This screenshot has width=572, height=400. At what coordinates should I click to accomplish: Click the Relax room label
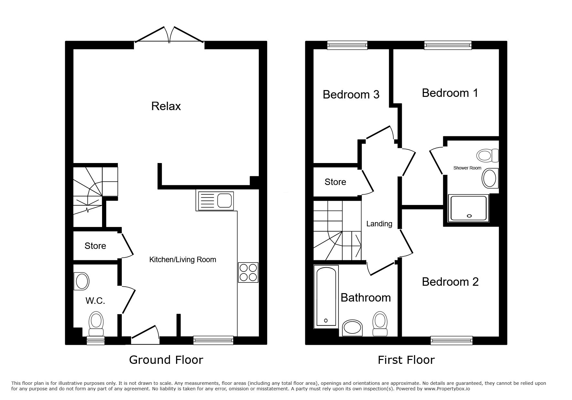pos(166,106)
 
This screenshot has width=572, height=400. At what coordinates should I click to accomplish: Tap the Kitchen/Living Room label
pos(182,260)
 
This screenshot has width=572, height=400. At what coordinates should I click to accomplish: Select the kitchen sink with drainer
pos(215,200)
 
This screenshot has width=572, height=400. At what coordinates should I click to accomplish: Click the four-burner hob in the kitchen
pos(248,272)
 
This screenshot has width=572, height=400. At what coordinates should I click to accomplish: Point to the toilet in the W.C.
pos(96,324)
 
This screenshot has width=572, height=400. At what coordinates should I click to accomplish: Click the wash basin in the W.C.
pos(81,281)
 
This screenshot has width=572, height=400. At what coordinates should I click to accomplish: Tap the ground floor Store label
pos(95,246)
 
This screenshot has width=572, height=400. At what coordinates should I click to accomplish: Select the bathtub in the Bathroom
pos(326,296)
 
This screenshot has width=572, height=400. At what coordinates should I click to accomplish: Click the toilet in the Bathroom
pos(380,324)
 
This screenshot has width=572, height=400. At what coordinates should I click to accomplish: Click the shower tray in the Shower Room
pos(468,208)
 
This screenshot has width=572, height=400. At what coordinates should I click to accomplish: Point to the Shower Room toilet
pos(488,155)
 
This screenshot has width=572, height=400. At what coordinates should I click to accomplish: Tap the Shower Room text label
pos(467,168)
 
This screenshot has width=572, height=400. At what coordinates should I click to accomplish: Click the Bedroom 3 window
pos(347,45)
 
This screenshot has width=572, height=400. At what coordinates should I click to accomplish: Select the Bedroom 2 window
pos(452,340)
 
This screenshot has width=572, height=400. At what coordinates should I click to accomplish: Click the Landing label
pos(379,224)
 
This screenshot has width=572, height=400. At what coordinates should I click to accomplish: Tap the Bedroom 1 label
pos(450,93)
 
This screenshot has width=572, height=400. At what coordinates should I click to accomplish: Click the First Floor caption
pos(406,360)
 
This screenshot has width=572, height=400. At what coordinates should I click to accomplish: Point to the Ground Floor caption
pos(166,360)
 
